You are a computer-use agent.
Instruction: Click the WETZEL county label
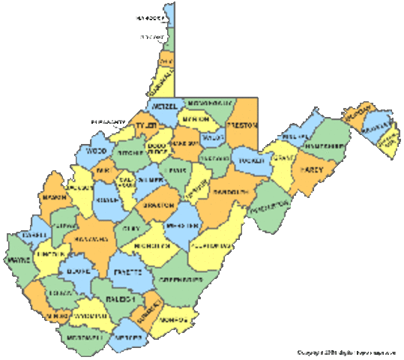(x=167, y=107)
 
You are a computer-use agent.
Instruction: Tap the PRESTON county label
(x=242, y=124)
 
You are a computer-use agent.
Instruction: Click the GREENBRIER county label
(x=180, y=279)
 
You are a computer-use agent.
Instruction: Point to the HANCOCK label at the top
(x=151, y=16)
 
